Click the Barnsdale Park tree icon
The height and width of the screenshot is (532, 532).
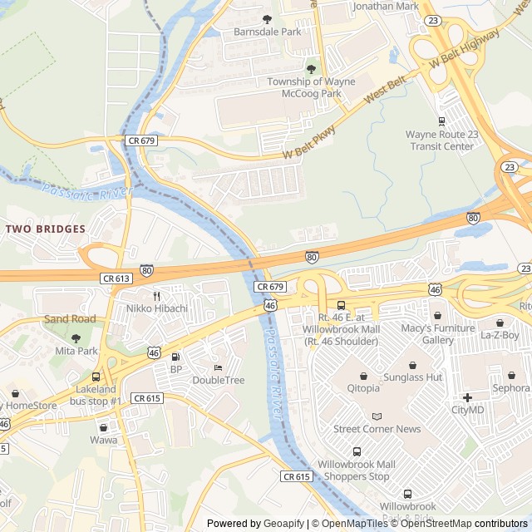pos(267,18)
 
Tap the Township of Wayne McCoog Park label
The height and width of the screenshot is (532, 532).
pos(311,87)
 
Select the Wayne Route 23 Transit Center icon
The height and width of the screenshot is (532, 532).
pos(441,121)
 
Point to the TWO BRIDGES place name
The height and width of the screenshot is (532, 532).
pos(45,229)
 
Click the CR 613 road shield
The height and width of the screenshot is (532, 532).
pos(116,279)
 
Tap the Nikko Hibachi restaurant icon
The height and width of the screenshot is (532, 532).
pos(156,295)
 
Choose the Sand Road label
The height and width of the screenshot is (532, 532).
pos(70,319)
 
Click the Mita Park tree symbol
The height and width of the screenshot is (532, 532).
pos(76,337)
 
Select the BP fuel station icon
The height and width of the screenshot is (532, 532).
pos(175,357)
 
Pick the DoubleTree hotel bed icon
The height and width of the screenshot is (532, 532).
pos(218,367)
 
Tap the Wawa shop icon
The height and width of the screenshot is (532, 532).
pos(104,426)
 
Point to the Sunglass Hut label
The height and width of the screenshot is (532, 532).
pos(412,377)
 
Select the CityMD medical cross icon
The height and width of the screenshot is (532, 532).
pos(467,397)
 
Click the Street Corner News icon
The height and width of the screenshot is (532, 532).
pos(377,416)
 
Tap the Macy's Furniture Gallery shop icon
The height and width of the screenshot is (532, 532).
pos(437,315)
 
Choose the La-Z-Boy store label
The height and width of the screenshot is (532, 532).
pos(499,336)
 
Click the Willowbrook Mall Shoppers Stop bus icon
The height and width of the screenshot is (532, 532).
pos(357,451)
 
